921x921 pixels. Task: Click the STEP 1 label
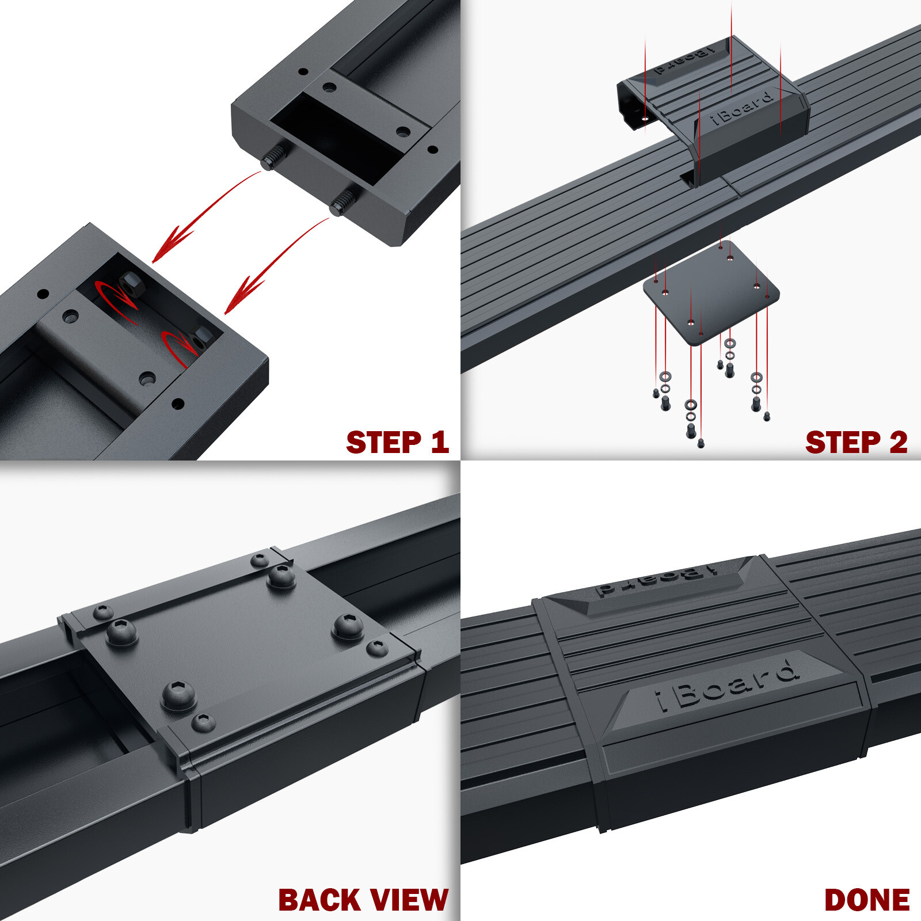(x=397, y=442)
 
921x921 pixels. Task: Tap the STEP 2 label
(x=856, y=442)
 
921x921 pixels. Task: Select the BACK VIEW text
(x=363, y=900)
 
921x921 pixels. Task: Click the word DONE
(x=867, y=900)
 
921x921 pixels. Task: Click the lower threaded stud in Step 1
(x=342, y=203)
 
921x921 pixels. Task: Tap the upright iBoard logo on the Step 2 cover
(x=741, y=107)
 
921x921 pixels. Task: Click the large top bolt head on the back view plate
(x=281, y=576)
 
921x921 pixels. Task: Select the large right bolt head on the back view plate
(x=348, y=626)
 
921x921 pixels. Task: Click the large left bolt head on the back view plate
(x=121, y=633)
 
